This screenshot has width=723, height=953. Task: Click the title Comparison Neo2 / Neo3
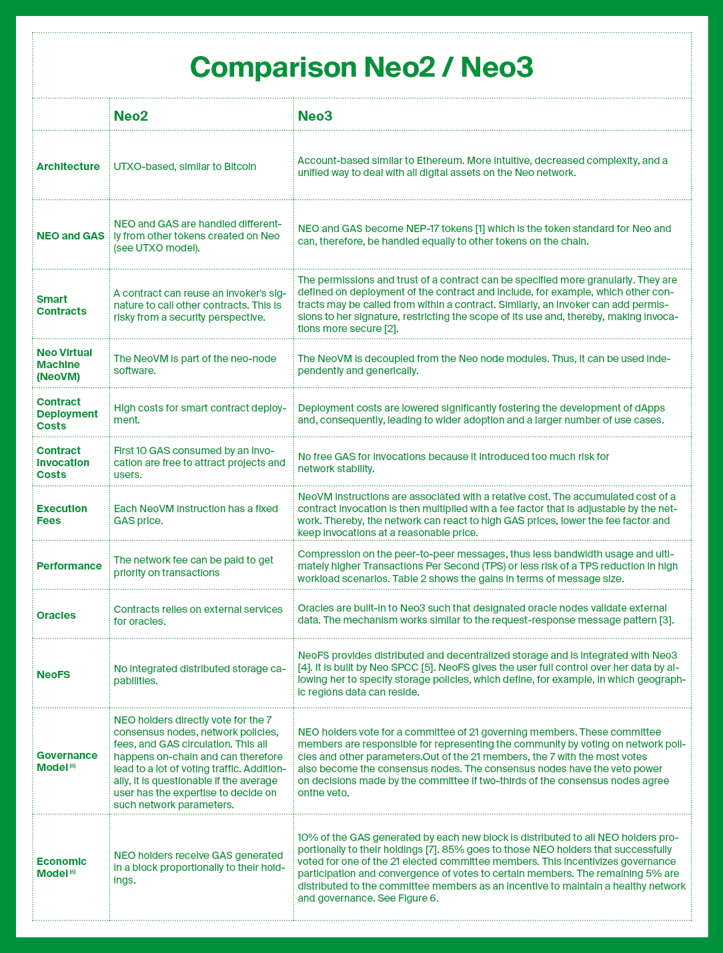click(361, 68)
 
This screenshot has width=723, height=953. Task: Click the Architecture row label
click(68, 166)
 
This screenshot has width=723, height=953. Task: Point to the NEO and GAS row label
click(71, 235)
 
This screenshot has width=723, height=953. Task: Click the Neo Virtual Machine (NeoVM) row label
click(64, 364)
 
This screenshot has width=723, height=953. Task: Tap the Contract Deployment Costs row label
click(67, 413)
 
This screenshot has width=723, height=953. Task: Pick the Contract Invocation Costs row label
click(63, 462)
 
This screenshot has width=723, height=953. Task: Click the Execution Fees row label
click(62, 514)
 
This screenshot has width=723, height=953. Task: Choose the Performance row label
click(69, 566)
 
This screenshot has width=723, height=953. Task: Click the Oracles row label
click(56, 615)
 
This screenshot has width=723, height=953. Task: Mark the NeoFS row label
click(52, 674)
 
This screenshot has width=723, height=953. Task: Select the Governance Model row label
click(67, 761)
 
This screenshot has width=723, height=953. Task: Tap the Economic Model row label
click(61, 867)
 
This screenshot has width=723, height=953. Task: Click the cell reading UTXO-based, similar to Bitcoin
click(185, 166)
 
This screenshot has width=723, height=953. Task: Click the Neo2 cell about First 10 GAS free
click(199, 462)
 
